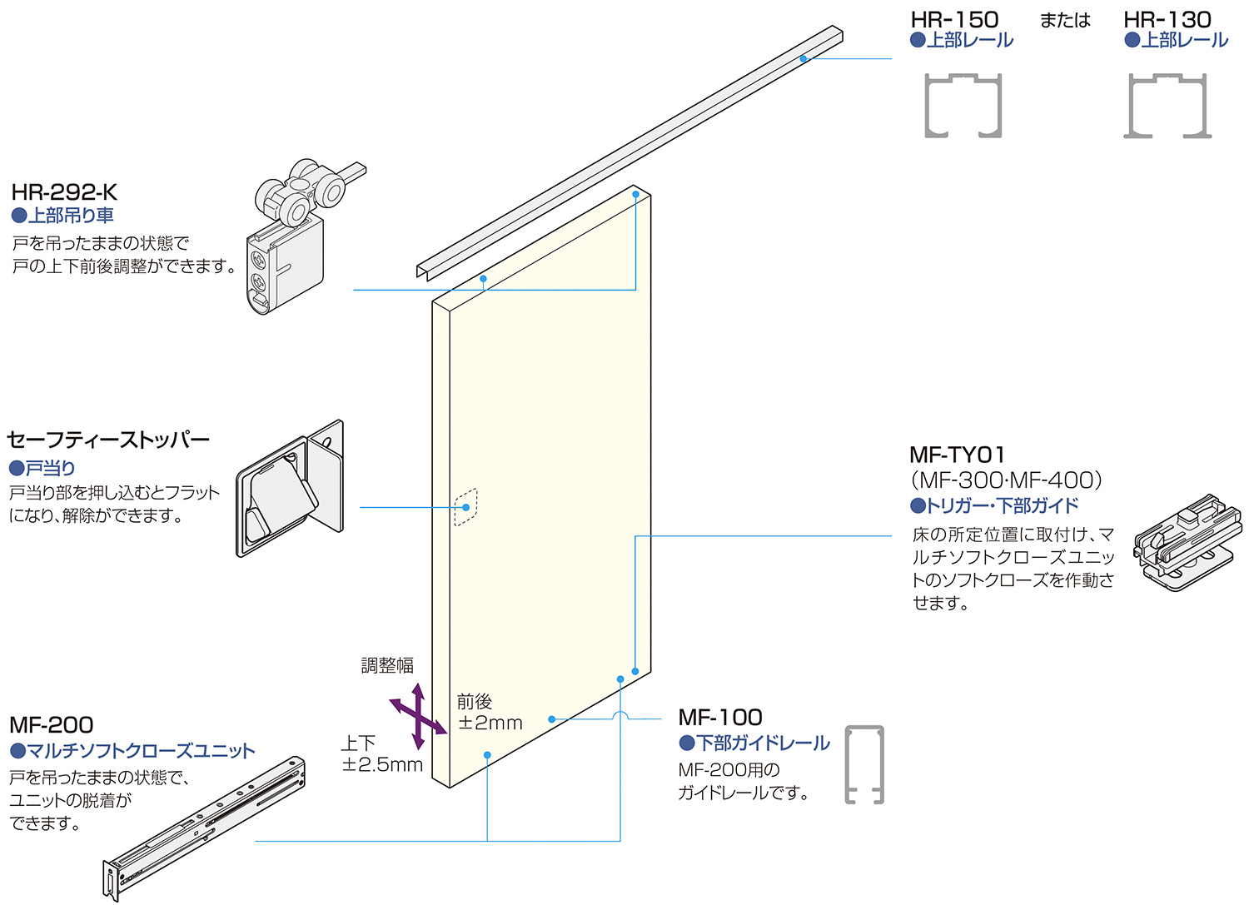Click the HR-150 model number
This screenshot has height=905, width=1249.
click(954, 19)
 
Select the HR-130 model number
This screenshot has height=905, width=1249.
click(1167, 19)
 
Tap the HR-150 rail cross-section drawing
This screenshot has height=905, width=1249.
click(963, 105)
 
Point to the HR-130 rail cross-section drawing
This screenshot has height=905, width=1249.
click(1167, 105)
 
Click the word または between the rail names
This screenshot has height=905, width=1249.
click(1065, 20)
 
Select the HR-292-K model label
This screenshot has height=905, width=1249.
click(64, 192)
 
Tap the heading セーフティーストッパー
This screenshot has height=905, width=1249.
click(108, 440)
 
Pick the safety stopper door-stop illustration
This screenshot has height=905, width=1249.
click(290, 489)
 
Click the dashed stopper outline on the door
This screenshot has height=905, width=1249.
click(465, 507)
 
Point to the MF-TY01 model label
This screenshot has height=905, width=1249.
click(958, 455)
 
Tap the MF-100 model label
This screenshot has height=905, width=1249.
click(720, 717)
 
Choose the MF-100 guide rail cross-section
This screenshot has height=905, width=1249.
click(864, 764)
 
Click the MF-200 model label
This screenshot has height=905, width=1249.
click(52, 724)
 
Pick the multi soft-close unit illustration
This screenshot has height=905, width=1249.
click(205, 828)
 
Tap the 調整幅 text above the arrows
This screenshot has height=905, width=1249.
click(387, 665)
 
